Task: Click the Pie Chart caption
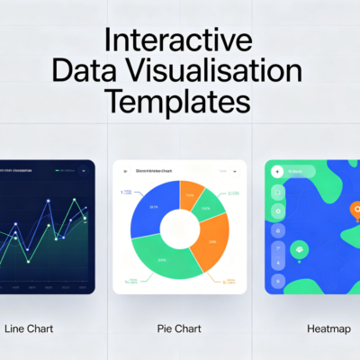coord(179,329)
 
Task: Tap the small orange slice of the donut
coord(190,193)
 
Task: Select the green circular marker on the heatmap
coord(299,249)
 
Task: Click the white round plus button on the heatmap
coord(278,171)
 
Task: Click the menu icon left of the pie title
coord(126,169)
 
